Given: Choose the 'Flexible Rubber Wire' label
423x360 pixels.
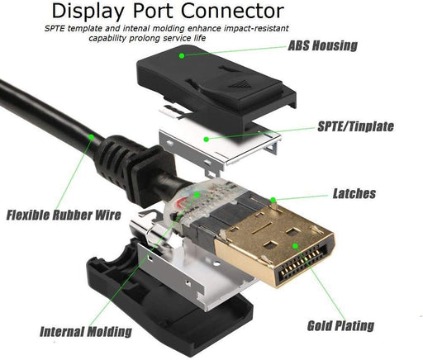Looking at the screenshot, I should (x=64, y=216).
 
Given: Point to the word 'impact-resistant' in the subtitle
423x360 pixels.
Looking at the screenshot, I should (x=263, y=27).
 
